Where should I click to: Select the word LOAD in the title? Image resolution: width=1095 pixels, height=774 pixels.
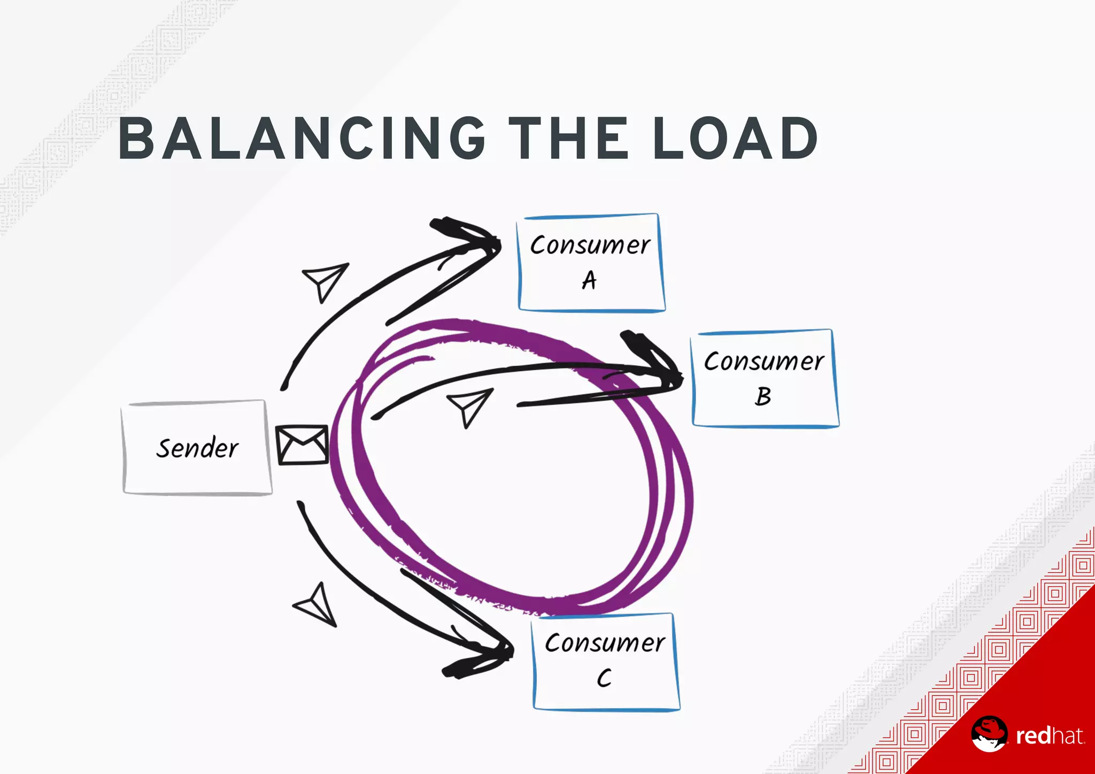coord(735,139)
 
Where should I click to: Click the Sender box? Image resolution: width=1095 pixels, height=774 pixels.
coord(197,447)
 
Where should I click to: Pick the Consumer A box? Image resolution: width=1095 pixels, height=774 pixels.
coord(591,262)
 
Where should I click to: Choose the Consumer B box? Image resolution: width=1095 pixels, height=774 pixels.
coord(765,378)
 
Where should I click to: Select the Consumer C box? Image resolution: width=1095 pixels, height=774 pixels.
coord(606,661)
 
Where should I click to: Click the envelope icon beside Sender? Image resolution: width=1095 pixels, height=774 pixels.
coord(302,445)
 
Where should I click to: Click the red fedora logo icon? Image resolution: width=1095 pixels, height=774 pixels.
coord(989,733)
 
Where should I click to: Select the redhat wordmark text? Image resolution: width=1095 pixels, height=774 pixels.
coord(1050,736)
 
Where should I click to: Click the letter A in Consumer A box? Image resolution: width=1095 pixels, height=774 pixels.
coord(589,280)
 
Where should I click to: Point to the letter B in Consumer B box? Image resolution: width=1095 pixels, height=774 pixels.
coord(763,396)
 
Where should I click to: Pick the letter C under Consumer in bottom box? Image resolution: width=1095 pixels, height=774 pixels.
coord(604,678)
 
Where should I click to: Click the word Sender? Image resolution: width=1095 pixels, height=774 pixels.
coord(197,448)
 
